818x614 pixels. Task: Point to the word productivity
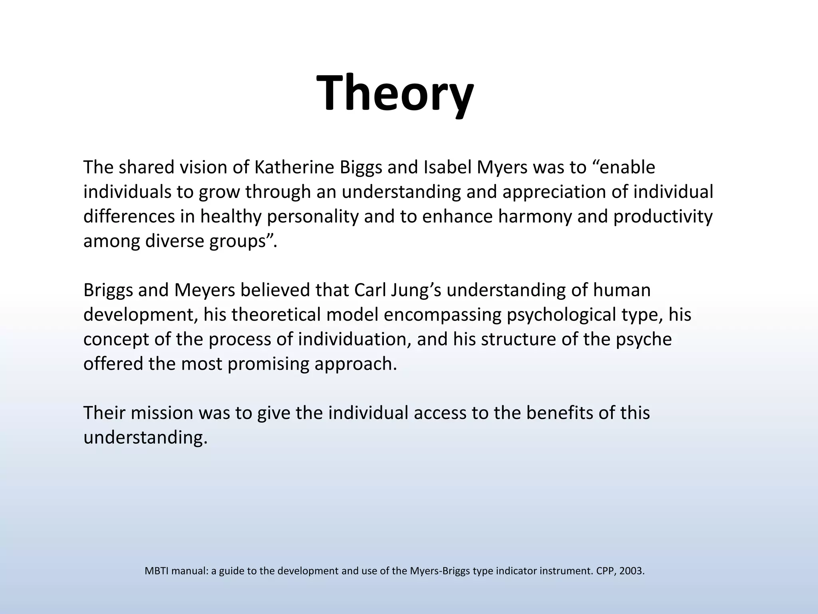point(663,217)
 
